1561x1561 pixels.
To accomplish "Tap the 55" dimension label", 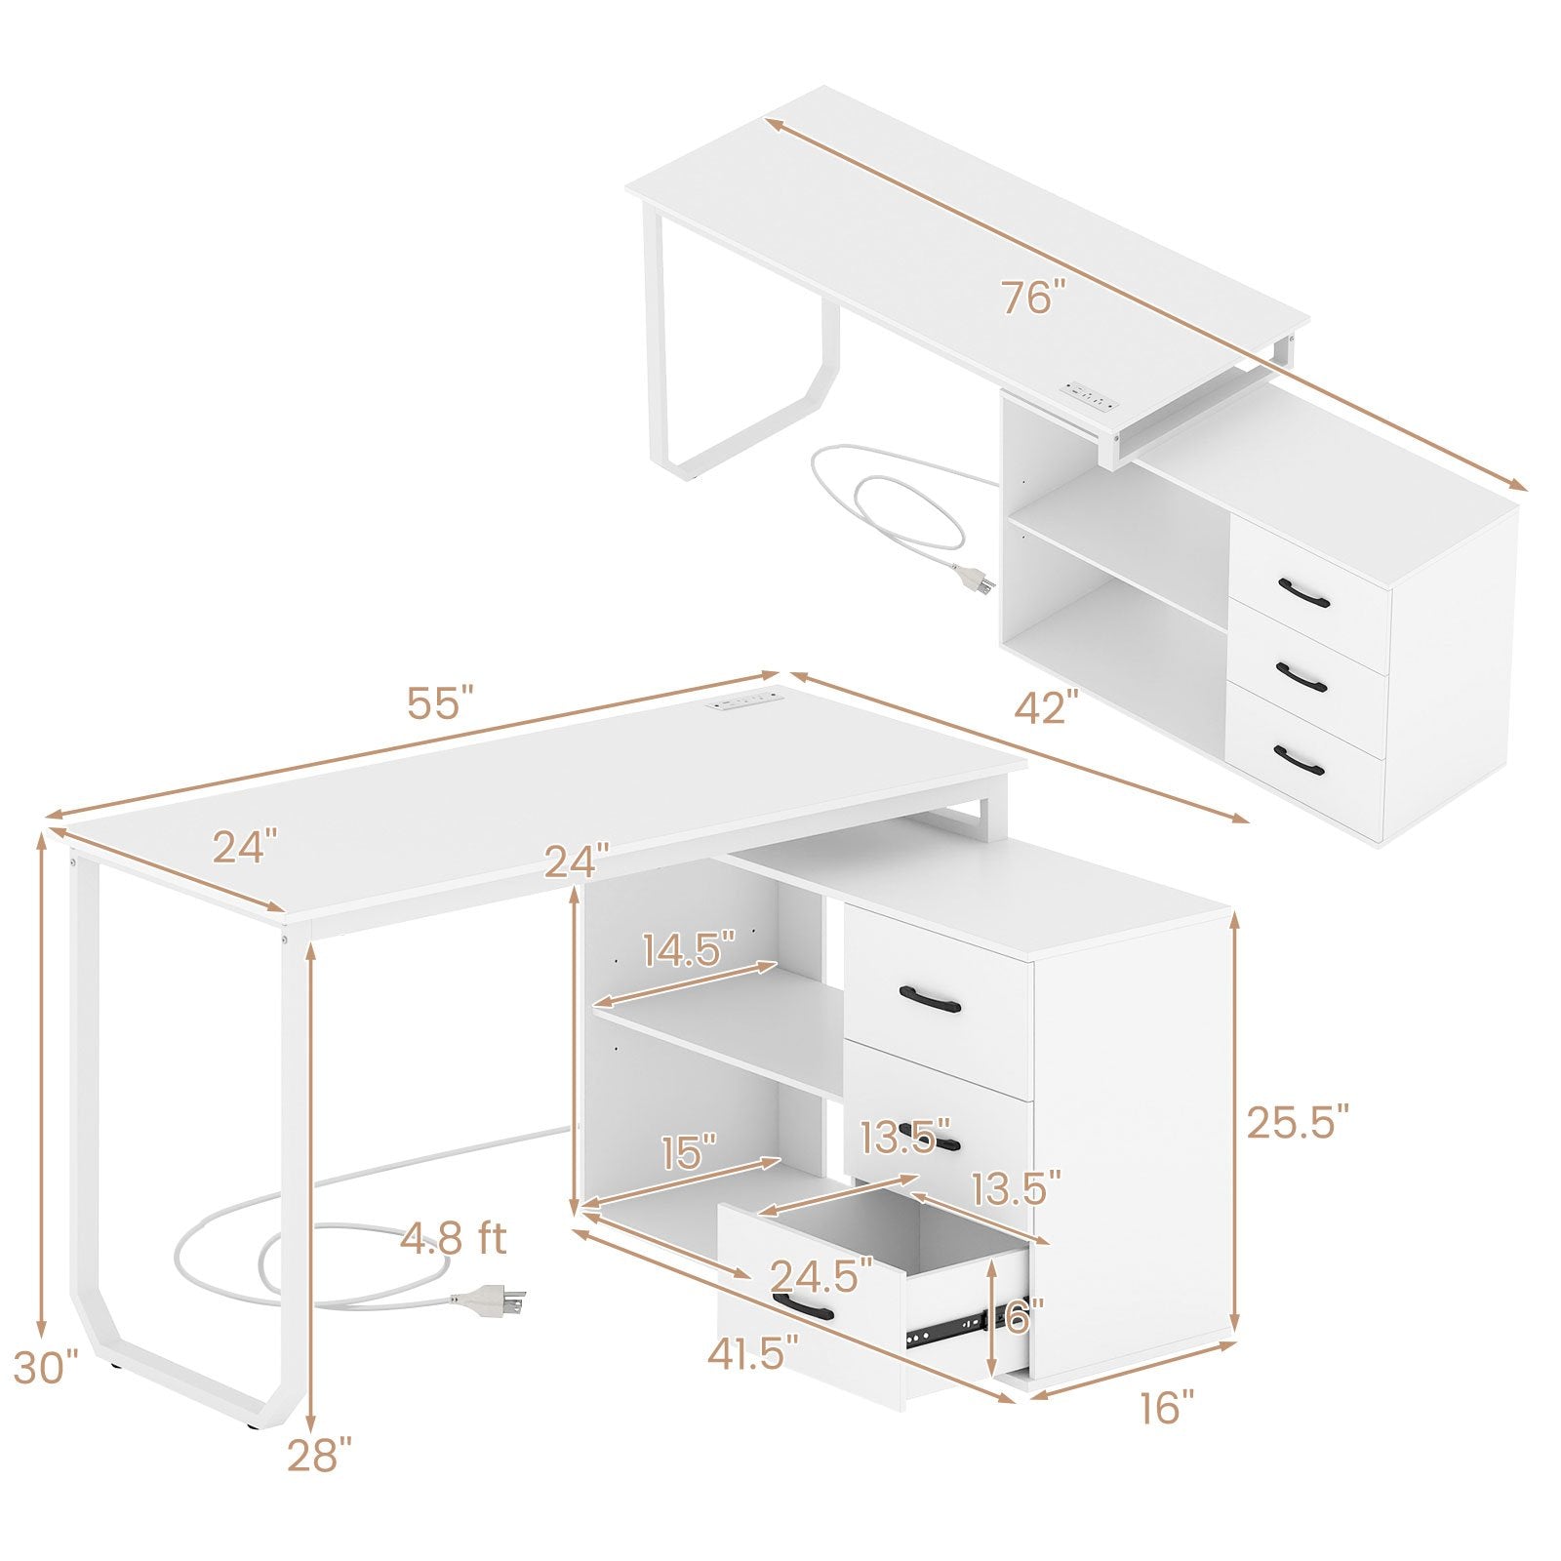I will [x=440, y=703].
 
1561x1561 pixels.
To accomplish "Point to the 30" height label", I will [x=45, y=1367].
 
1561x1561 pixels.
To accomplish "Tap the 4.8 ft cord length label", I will [x=454, y=1239].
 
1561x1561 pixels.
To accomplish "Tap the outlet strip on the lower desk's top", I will [x=748, y=700].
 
